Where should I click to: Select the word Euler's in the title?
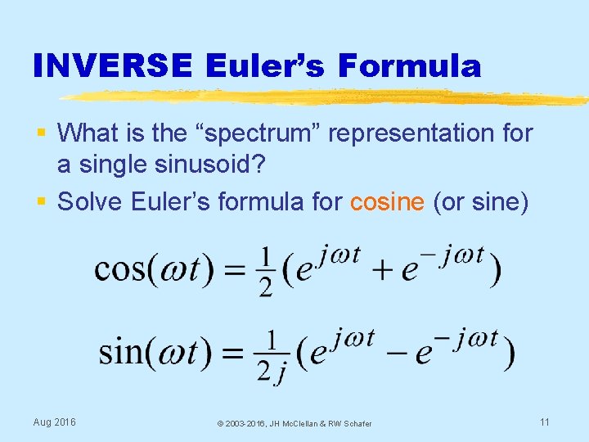point(267,65)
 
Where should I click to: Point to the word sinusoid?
point(218,164)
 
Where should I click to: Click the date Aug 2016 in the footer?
point(54,422)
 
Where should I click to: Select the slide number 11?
point(544,422)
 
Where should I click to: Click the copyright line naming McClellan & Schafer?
point(294,423)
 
